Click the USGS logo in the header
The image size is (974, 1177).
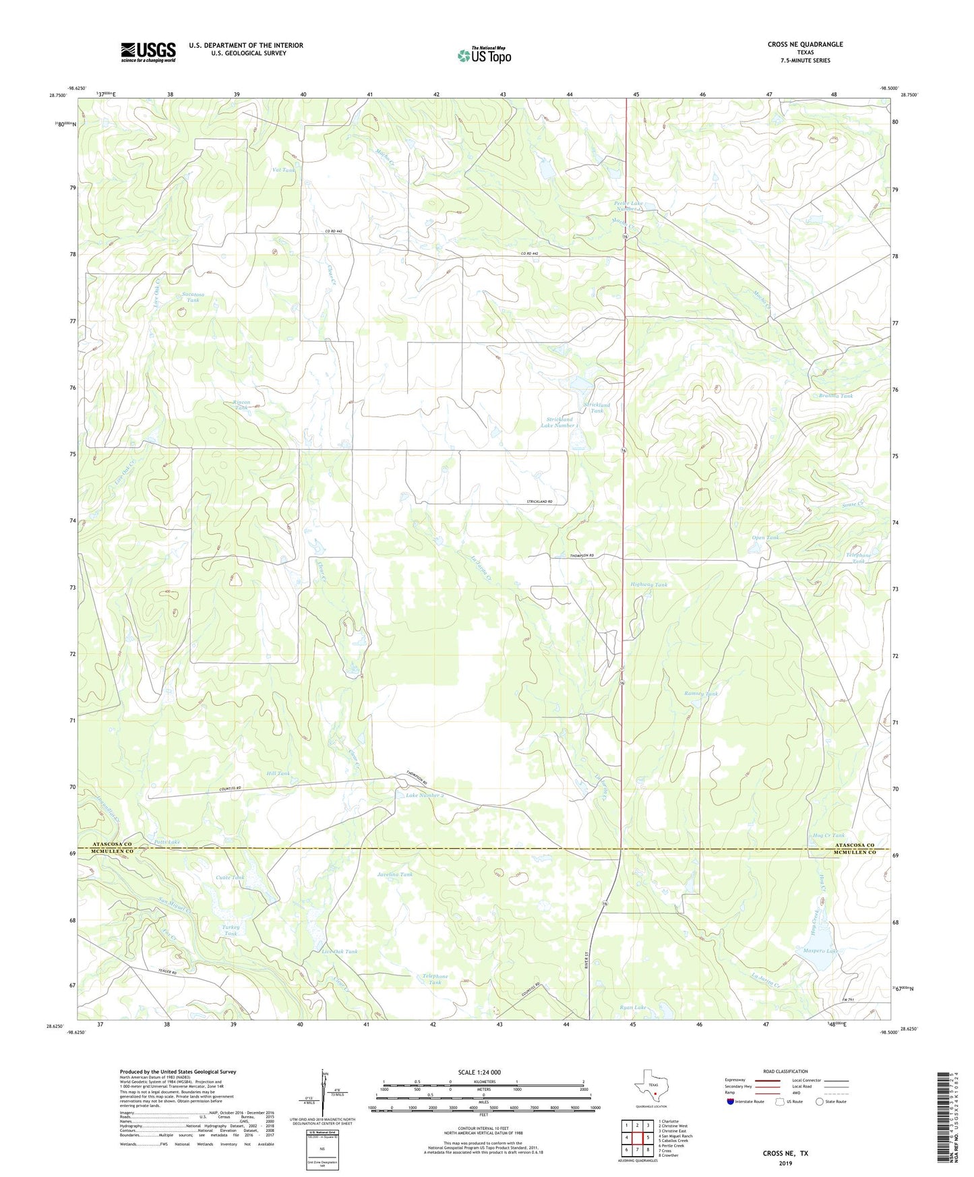(148, 52)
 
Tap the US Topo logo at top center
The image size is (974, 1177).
(484, 55)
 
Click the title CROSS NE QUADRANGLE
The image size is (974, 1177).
(805, 44)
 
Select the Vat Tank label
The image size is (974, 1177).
(283, 171)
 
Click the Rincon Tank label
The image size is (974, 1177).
(241, 405)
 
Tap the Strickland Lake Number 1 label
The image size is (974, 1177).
(559, 422)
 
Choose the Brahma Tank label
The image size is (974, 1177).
(834, 396)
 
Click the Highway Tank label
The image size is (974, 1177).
(648, 584)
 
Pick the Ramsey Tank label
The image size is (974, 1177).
(701, 693)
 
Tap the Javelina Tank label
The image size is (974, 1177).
(395, 874)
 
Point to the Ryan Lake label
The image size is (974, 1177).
(632, 1007)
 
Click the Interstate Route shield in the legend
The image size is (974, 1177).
(731, 1102)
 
